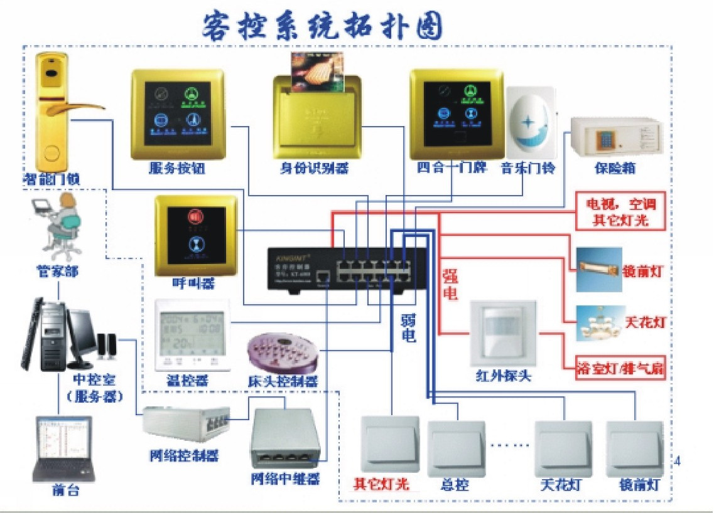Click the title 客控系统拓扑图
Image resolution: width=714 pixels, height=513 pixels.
click(x=323, y=26)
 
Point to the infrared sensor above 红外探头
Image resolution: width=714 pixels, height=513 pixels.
click(x=503, y=332)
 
